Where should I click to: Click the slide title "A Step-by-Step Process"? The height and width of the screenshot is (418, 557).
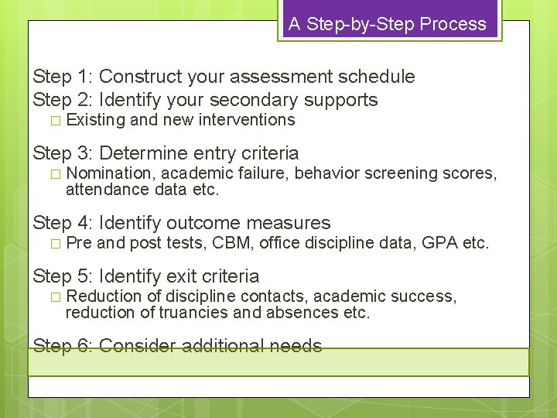click(388, 24)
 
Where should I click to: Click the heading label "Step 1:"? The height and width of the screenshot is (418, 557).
click(63, 77)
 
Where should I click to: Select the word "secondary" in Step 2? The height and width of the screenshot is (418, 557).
click(255, 100)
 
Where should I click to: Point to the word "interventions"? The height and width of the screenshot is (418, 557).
click(247, 120)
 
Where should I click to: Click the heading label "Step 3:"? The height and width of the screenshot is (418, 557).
click(63, 153)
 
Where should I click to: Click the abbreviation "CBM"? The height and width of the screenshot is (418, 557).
click(232, 244)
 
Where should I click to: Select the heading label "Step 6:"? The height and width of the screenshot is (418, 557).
click(63, 346)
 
